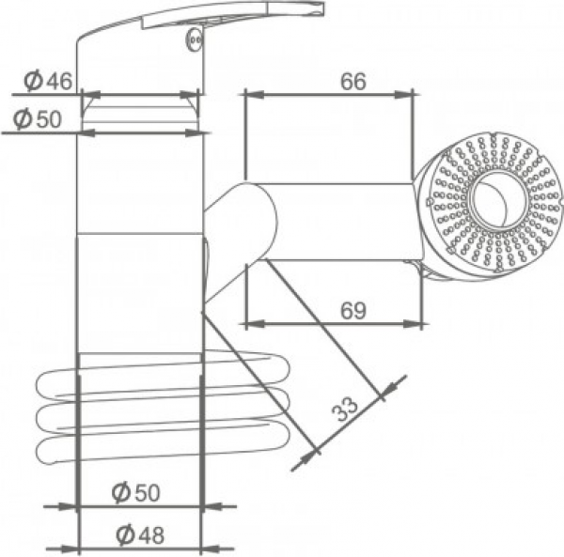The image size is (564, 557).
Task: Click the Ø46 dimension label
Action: coord(48,81)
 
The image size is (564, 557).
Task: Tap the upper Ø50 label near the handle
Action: coord(38,119)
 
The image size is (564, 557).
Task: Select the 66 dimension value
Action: coord(353,82)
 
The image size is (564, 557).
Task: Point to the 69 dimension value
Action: coord(353,311)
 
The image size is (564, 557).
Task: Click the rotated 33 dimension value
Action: coord(345,410)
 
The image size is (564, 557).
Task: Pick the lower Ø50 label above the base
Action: coord(135,492)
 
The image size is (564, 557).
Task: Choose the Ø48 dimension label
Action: coord(140,534)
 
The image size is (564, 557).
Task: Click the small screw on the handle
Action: coord(195,39)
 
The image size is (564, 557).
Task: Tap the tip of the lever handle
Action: coord(321,8)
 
